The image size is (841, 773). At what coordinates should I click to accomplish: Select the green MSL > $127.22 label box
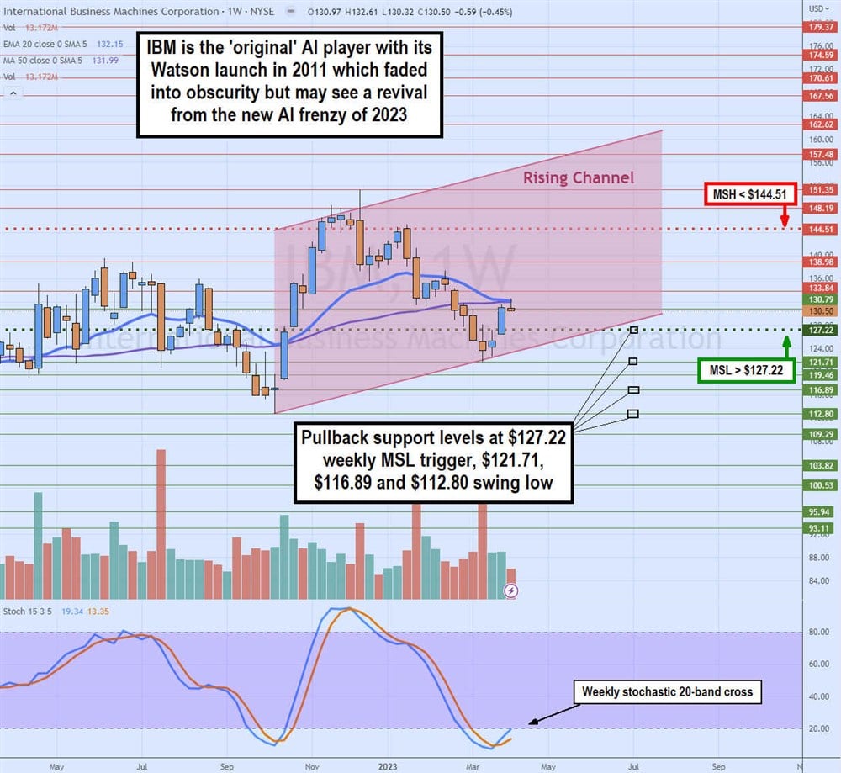tap(747, 370)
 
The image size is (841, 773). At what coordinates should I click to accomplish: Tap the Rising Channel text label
tap(579, 177)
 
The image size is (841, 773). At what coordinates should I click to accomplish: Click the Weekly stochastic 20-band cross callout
tap(667, 692)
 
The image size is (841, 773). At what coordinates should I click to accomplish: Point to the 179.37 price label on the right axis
tap(822, 26)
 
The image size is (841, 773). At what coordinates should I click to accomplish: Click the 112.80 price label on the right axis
tap(822, 414)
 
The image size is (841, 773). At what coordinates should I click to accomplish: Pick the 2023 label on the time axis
tap(389, 765)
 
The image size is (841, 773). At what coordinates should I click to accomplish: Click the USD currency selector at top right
tap(818, 8)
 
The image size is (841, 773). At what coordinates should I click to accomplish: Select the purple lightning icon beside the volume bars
tap(510, 591)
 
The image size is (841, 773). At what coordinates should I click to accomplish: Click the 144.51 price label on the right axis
tap(822, 229)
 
